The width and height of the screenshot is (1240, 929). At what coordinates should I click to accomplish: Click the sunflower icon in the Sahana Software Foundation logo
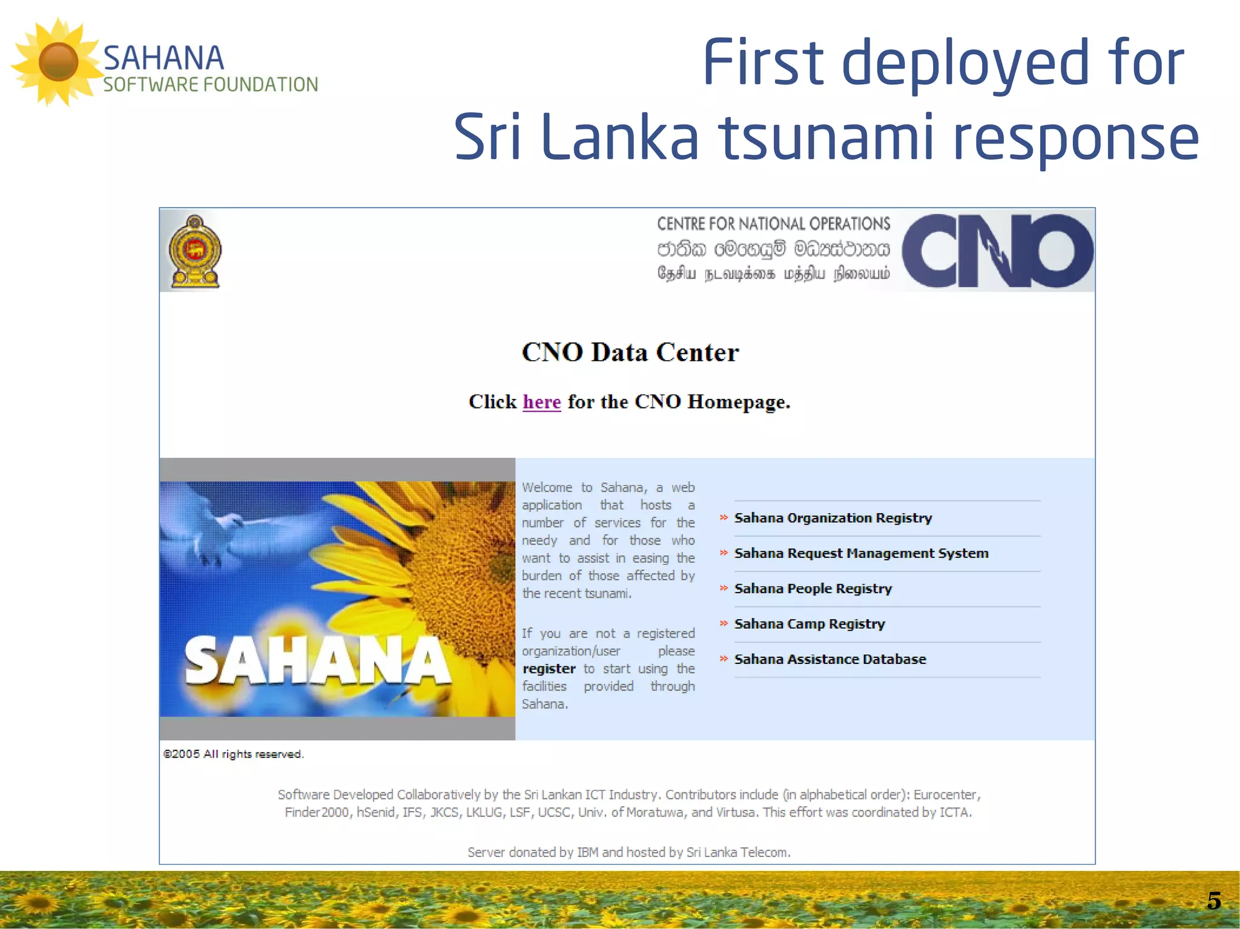(x=58, y=62)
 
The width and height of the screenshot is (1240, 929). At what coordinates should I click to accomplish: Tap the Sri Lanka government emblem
(x=195, y=251)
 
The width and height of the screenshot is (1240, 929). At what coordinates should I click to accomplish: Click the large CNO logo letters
(x=997, y=251)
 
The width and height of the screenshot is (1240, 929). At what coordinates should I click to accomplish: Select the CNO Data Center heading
(x=630, y=352)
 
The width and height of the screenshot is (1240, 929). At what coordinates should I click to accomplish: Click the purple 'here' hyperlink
(x=541, y=402)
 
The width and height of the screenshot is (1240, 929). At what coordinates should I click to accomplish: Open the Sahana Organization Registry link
(x=833, y=518)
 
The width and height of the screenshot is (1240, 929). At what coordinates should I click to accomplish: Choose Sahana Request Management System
(x=860, y=553)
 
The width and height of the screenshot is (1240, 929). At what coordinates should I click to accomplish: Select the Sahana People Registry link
(x=813, y=588)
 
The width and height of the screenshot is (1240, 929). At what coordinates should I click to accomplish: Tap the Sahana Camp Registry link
(x=809, y=624)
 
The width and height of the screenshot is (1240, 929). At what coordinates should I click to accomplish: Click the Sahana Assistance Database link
(x=829, y=659)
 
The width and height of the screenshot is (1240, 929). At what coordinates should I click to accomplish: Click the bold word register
(x=549, y=669)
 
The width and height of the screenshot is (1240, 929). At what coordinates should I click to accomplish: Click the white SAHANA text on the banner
(x=317, y=661)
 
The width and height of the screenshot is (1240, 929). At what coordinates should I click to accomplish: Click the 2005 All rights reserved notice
(x=233, y=754)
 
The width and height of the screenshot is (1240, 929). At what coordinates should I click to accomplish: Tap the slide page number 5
(x=1213, y=901)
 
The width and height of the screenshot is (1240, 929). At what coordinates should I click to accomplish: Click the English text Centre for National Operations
(x=773, y=224)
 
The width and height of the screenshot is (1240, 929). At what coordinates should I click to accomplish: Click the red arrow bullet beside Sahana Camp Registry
(x=724, y=623)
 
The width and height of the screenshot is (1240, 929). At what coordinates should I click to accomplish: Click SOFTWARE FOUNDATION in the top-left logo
(x=210, y=85)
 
